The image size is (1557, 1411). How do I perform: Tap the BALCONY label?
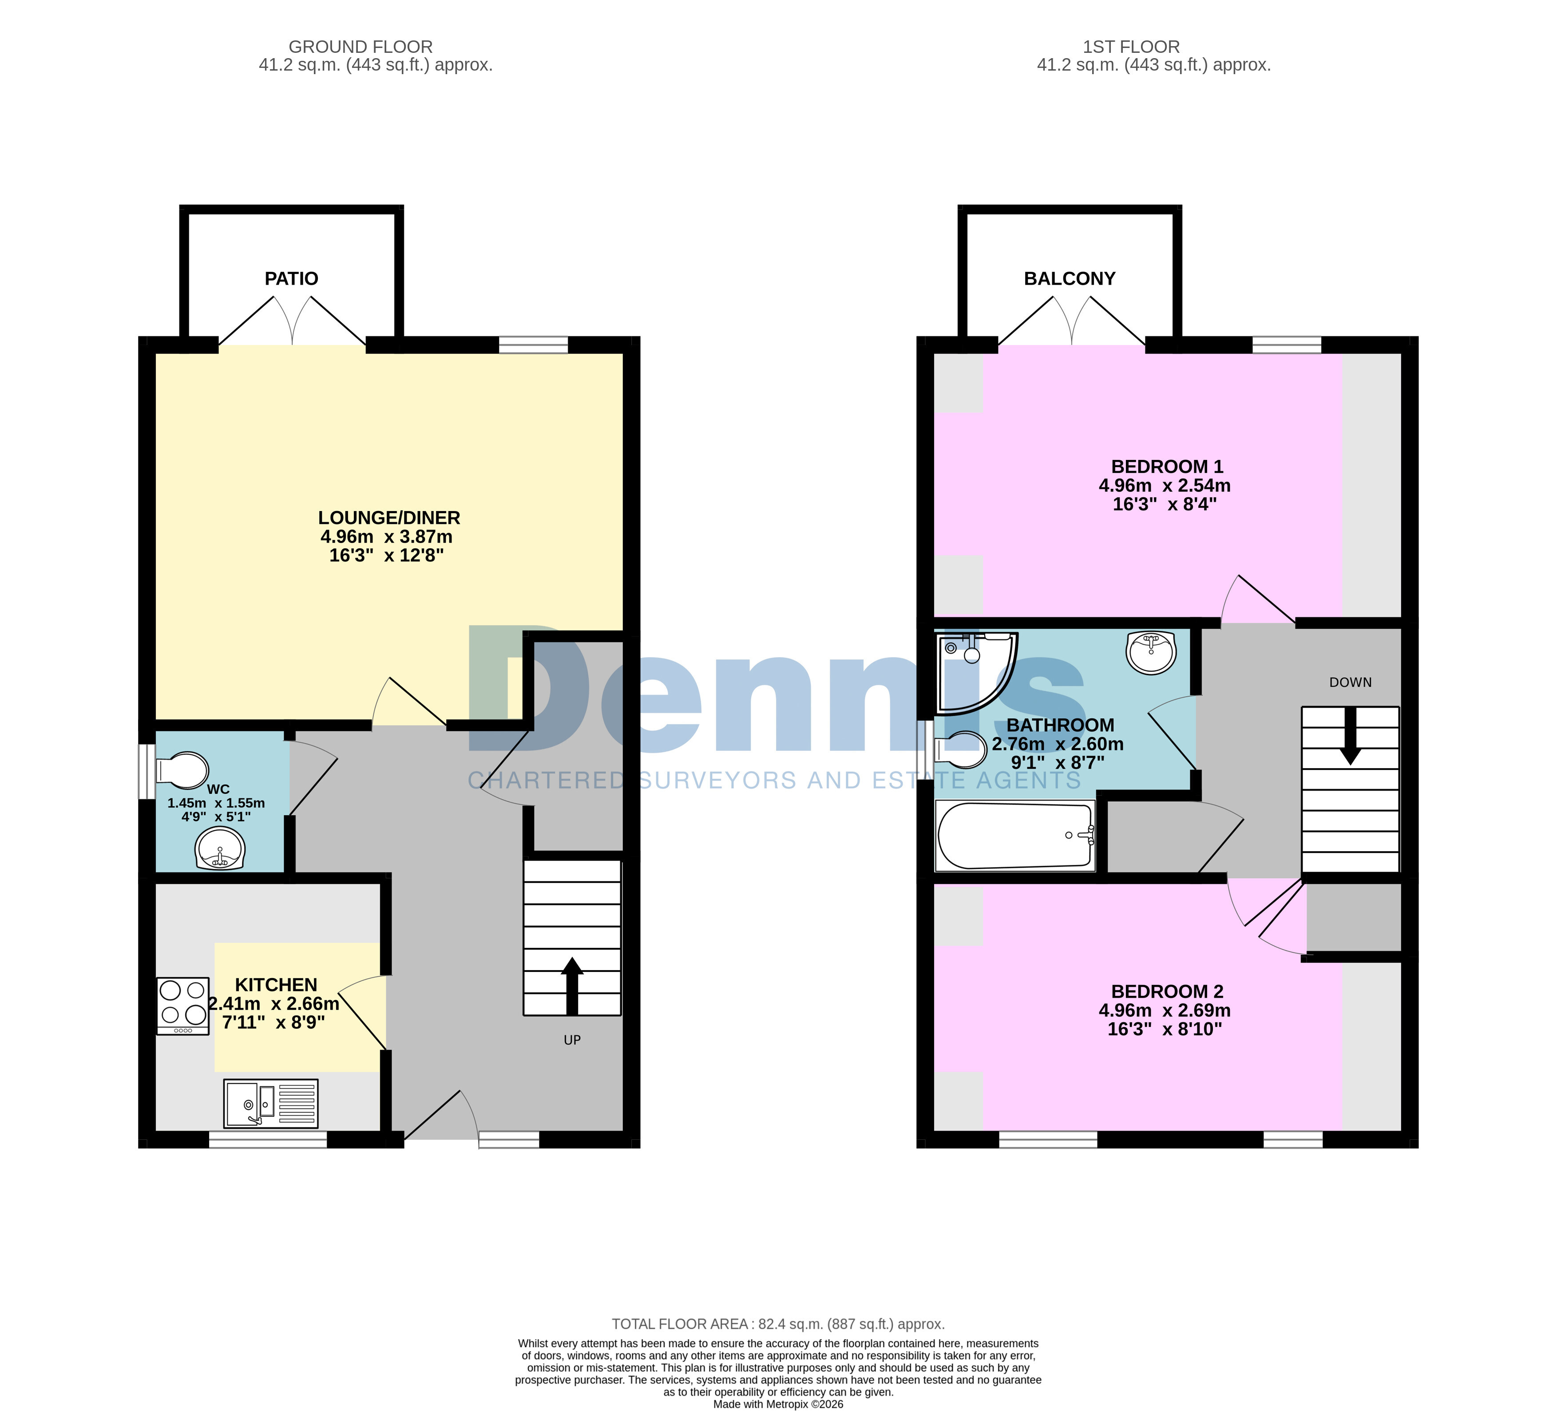tap(1070, 279)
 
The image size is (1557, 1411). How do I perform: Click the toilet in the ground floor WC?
tap(182, 770)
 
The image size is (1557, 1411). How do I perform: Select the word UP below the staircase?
tap(572, 1040)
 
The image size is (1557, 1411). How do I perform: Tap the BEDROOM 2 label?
tap(1167, 991)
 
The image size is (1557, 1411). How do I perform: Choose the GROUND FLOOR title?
tap(361, 47)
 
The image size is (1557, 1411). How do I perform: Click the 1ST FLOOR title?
tap(1131, 47)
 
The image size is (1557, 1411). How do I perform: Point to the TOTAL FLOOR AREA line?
tap(779, 1324)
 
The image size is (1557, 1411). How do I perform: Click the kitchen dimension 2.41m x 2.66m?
tap(274, 1004)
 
